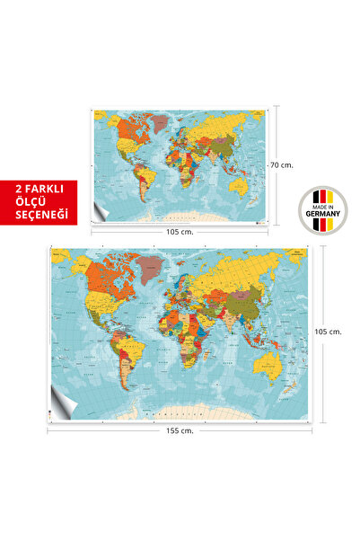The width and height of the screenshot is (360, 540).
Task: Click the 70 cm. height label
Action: click(282, 164)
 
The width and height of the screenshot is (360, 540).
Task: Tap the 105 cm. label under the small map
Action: click(181, 230)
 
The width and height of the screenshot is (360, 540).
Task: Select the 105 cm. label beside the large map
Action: click(329, 330)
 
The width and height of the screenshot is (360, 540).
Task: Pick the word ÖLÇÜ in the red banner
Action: click(39, 202)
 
